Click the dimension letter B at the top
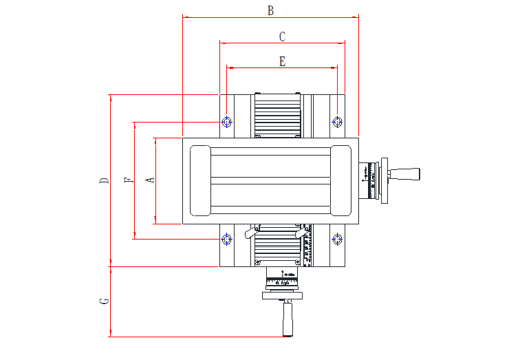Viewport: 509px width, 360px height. (270, 10)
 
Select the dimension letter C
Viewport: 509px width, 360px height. (282, 36)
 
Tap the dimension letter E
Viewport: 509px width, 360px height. (282, 61)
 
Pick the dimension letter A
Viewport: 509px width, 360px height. (151, 180)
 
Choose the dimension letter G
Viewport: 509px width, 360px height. (104, 301)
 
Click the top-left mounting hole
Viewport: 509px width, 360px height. (227, 122)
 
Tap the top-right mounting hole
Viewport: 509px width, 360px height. (337, 122)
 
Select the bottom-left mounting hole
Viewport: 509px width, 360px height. (227, 240)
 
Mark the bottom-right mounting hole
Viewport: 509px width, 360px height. (337, 240)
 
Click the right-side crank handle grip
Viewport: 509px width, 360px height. (406, 173)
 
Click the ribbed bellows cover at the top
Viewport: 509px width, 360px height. (277, 116)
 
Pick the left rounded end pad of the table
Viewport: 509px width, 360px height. (199, 180)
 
